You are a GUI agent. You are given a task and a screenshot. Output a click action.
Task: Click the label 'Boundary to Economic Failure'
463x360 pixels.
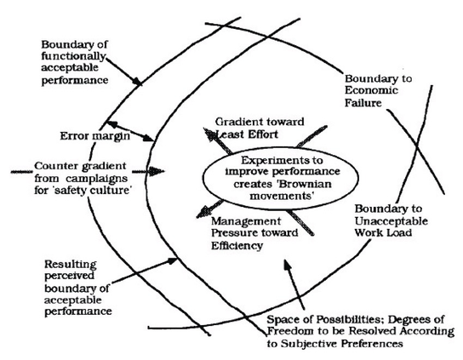point(378,91)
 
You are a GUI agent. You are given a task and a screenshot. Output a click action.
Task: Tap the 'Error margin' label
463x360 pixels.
point(94,136)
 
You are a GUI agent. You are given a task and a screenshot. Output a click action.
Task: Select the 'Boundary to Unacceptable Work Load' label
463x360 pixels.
point(391,220)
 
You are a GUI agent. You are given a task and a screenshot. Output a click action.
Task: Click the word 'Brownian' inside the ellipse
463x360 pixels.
point(305,184)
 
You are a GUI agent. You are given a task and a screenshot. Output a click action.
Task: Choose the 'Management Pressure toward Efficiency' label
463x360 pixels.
point(254,233)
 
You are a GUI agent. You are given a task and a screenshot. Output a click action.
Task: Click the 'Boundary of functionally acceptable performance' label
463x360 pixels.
point(74,62)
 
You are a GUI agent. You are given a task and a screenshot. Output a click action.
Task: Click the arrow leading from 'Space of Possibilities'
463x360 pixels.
point(294,284)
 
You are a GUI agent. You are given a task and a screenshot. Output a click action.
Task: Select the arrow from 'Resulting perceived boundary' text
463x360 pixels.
point(144,271)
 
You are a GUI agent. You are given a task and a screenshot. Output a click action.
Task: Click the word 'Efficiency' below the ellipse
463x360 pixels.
point(237,246)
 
